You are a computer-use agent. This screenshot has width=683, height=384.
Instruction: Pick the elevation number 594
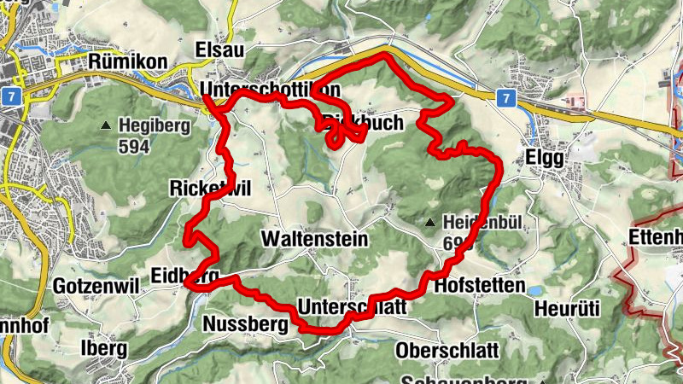pos(135,147)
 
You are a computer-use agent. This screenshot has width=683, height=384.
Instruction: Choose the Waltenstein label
pos(315,240)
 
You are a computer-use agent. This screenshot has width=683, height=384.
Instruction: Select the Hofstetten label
pos(478,285)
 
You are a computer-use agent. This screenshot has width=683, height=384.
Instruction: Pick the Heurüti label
pos(568,307)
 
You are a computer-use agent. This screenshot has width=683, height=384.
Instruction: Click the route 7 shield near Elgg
pos(505,97)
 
